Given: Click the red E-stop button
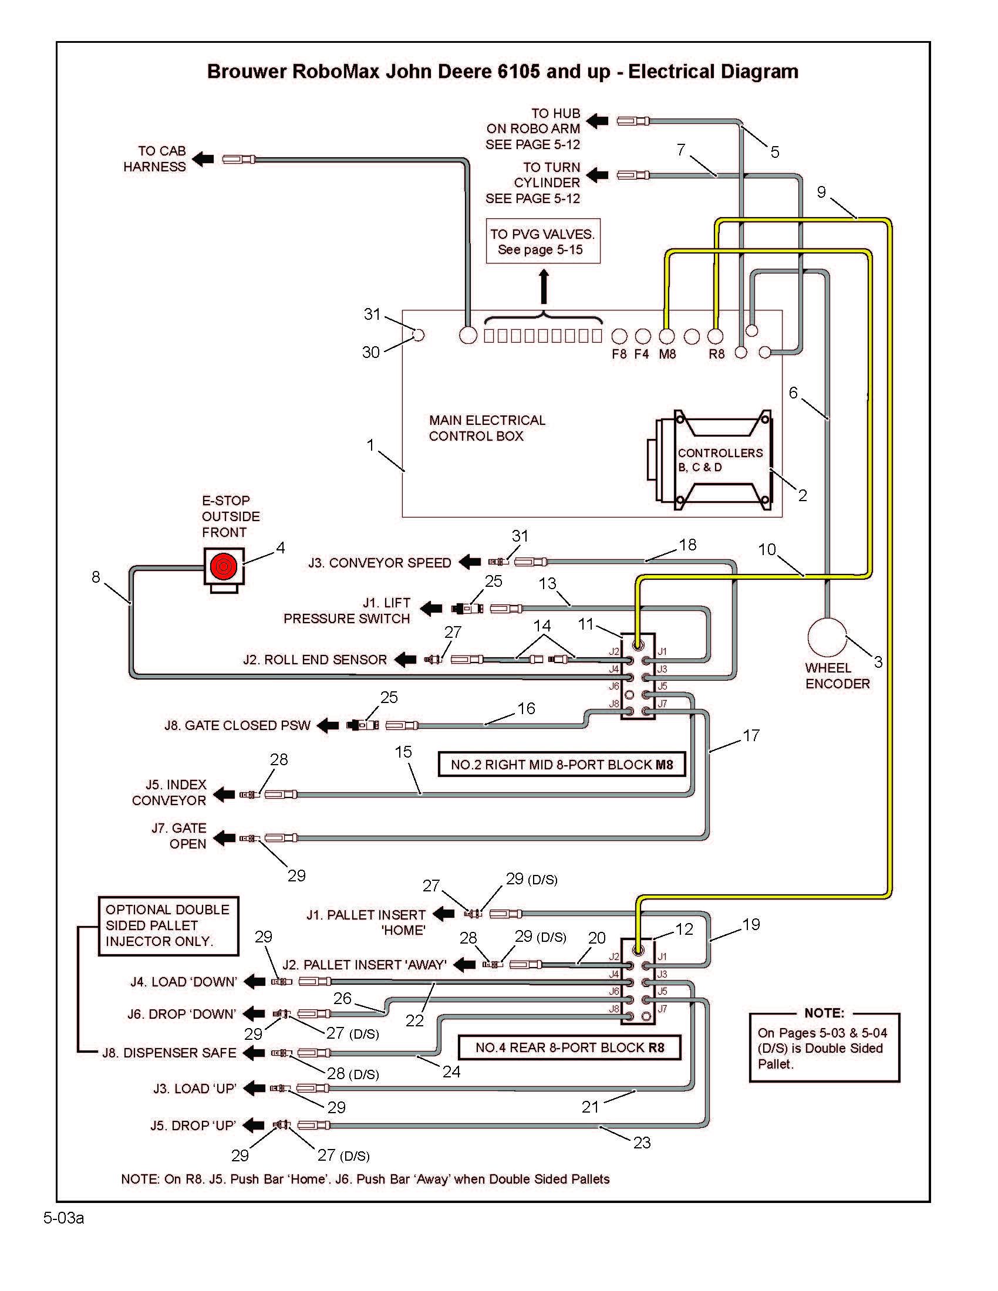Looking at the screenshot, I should (223, 566).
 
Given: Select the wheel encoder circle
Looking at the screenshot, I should (827, 638).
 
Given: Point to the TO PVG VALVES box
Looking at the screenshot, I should (542, 242).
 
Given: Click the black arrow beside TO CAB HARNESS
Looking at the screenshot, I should (203, 158).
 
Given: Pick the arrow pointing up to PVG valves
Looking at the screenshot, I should (544, 287).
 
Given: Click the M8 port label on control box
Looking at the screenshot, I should (667, 354).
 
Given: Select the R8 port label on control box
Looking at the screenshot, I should (716, 354).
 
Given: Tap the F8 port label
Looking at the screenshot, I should (618, 354).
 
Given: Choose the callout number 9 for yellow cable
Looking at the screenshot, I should (821, 192).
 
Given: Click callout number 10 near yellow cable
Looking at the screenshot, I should (767, 550).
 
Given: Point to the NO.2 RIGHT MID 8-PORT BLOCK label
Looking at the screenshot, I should (561, 764).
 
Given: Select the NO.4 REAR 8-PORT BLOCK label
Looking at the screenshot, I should (569, 1047).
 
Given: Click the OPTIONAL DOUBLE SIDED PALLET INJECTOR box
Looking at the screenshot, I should (168, 925).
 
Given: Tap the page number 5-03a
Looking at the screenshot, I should (63, 1218).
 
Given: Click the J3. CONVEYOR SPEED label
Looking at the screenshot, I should (379, 563).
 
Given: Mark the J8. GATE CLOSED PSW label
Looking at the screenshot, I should (237, 725).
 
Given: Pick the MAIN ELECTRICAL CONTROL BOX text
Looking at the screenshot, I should (487, 428).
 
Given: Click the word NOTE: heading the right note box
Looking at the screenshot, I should (824, 1013).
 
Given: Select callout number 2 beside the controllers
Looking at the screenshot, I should (803, 495).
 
